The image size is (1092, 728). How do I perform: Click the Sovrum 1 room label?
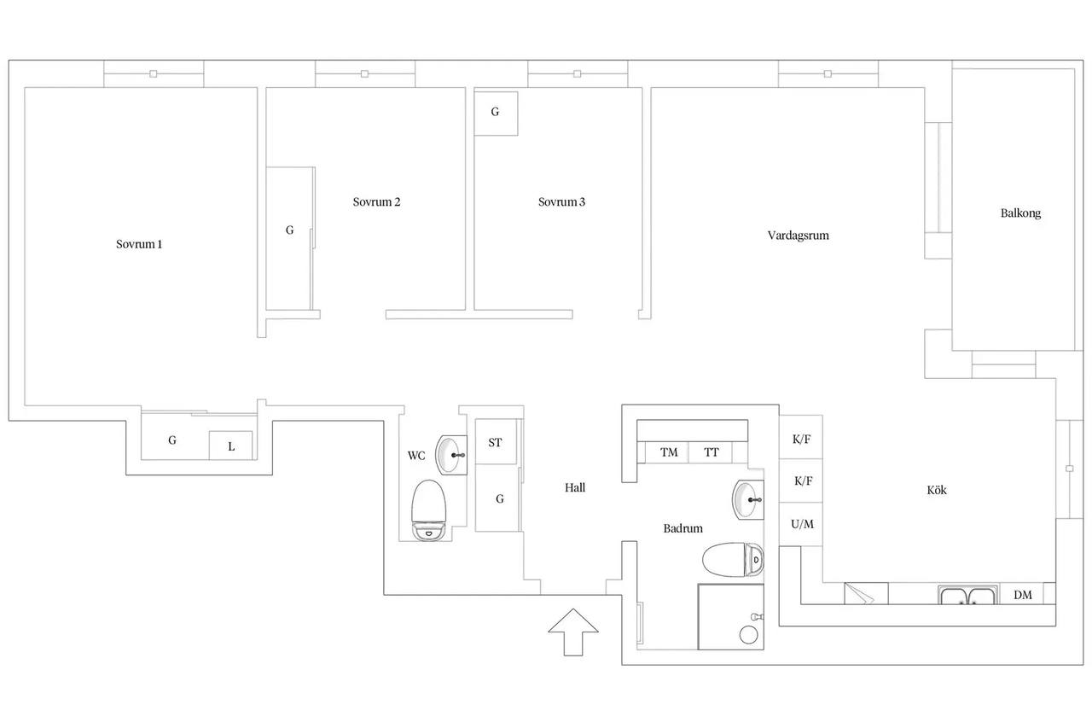coord(139,244)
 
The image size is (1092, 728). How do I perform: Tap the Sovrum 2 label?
coord(376,202)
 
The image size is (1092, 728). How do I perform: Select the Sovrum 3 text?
coord(561,202)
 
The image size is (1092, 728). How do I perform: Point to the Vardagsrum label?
coord(798,236)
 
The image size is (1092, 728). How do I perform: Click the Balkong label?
coord(1020,213)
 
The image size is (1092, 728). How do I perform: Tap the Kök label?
coord(937,490)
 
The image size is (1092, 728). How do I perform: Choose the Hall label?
coord(575,487)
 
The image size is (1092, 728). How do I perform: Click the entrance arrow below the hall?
coord(573,632)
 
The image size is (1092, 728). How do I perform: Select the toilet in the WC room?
coord(429,510)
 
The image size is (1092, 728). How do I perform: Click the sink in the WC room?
coord(451,455)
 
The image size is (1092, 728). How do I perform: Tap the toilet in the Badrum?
coord(733,560)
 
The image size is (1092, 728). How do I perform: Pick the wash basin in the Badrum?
coord(748,500)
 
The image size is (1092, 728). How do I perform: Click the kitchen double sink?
coord(967,596)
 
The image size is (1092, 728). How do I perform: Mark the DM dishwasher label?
coord(1023,595)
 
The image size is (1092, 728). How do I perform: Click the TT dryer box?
coord(711,452)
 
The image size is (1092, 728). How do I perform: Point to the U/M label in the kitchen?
coord(802,524)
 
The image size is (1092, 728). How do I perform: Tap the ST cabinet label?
coord(495,442)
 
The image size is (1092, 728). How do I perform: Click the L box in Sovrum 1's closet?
coord(231,446)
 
